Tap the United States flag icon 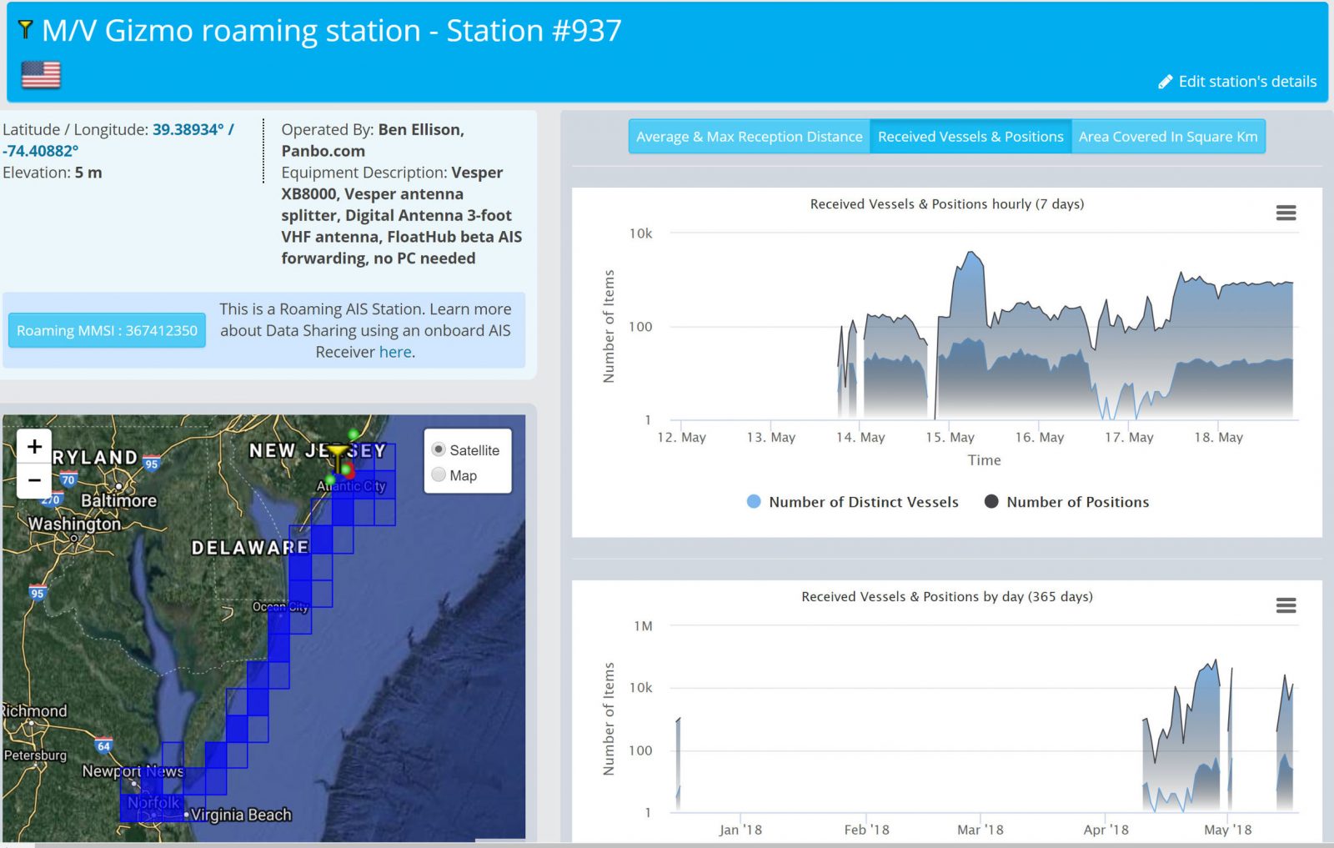click(x=41, y=75)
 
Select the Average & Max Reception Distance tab click(x=749, y=137)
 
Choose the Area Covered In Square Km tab click(x=1167, y=137)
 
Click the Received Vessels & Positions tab click(x=970, y=137)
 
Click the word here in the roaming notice click(x=395, y=352)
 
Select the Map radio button click(x=439, y=475)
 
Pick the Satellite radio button click(x=439, y=449)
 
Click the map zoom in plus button click(x=34, y=447)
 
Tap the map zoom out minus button click(x=34, y=480)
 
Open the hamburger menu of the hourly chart click(x=1286, y=213)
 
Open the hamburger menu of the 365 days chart click(x=1286, y=605)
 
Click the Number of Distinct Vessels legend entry click(x=863, y=502)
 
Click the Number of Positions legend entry click(x=1076, y=502)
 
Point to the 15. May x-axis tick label click(x=950, y=437)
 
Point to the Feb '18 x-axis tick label click(x=866, y=830)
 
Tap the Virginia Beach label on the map click(x=240, y=815)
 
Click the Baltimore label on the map click(x=118, y=500)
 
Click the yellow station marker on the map click(x=338, y=454)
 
